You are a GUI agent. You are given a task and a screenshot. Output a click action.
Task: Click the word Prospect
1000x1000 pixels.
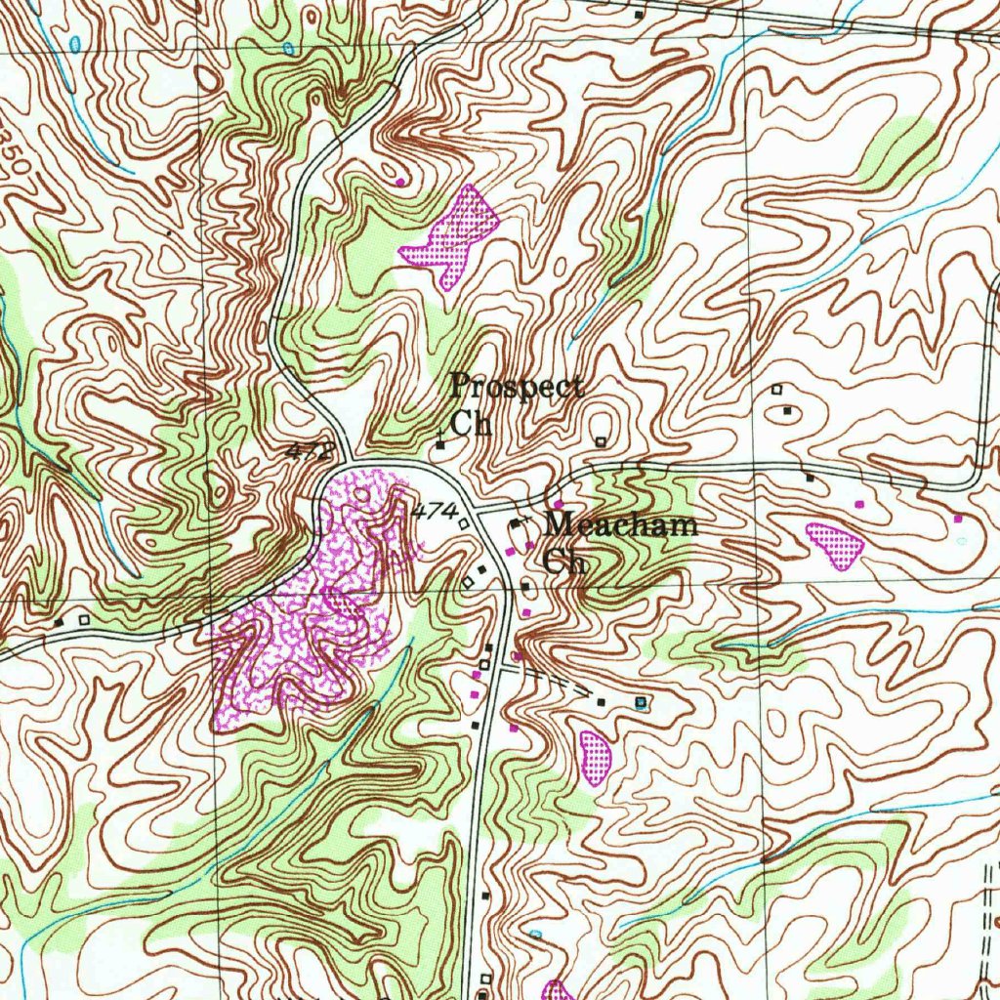(517, 388)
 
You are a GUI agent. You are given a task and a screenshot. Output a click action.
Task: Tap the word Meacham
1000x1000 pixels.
(621, 525)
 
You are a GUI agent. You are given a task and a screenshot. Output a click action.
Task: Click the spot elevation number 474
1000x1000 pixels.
(435, 511)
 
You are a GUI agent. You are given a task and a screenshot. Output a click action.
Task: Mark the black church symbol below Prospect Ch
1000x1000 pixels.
(440, 445)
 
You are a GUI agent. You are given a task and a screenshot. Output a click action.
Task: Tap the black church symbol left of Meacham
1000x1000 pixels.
(515, 525)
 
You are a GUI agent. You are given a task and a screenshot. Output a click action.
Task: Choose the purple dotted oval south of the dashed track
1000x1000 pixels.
(595, 757)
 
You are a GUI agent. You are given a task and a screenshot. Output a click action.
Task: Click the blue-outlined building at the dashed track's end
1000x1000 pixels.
(641, 702)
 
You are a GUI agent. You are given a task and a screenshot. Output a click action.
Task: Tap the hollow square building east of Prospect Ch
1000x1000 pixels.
(601, 441)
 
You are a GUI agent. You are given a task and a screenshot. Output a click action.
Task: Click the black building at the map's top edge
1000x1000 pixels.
(640, 15)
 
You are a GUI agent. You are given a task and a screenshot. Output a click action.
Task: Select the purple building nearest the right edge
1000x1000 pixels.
(958, 518)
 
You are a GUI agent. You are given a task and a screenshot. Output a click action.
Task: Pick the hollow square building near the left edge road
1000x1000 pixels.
(83, 619)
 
